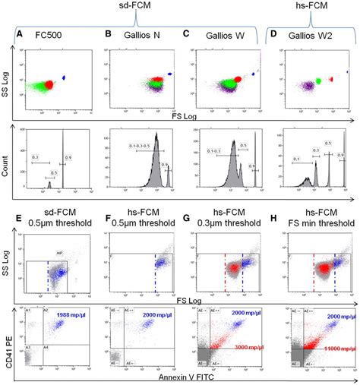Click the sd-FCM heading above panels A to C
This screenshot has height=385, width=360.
click(148, 6)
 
